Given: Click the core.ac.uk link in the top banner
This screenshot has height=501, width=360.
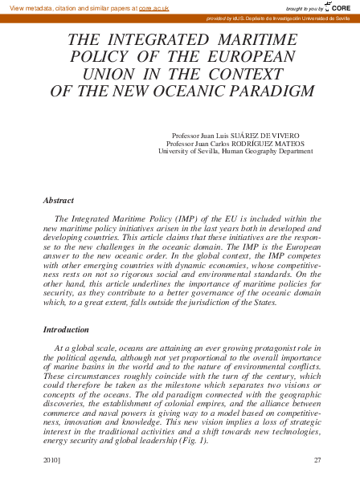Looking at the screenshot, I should pos(153,7).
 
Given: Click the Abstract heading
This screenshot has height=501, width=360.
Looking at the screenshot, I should pos(59,200).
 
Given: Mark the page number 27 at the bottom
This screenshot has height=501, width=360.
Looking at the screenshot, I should pos(317,460).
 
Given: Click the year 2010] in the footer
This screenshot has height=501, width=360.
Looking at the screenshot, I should pos(53,460).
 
